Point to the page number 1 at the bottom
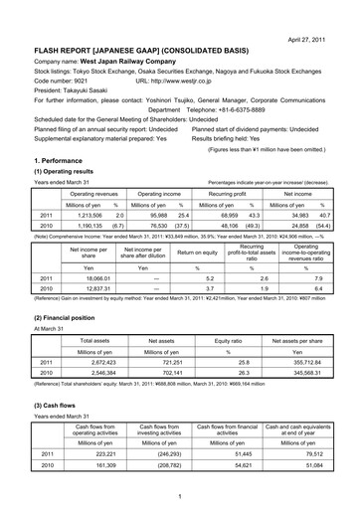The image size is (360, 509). (x=180, y=496)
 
